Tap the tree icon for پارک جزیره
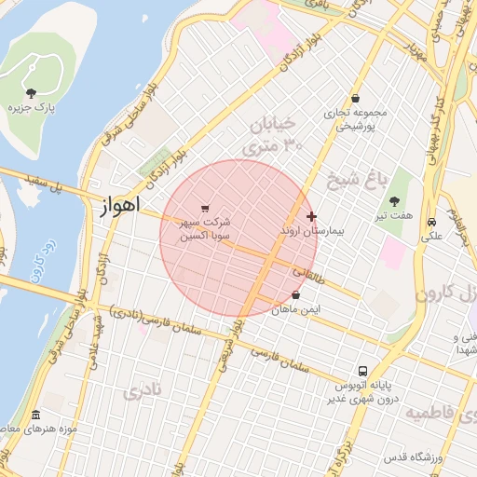tap(32, 92)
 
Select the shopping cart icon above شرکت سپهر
tap(205, 209)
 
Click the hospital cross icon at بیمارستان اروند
tap(311, 216)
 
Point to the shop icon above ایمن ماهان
tap(296, 295)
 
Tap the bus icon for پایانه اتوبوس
tap(361, 371)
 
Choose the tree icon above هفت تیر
tap(395, 201)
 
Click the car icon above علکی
tap(431, 223)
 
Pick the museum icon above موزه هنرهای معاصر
tap(35, 415)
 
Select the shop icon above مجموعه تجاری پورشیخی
tap(355, 99)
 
